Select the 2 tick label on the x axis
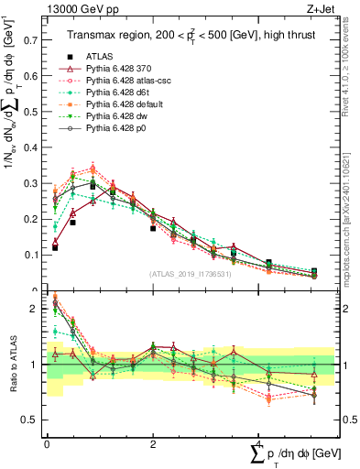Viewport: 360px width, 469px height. coord(153,442)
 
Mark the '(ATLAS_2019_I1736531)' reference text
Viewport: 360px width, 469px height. coord(190,274)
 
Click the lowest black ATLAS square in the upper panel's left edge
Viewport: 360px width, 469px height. coord(55,247)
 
